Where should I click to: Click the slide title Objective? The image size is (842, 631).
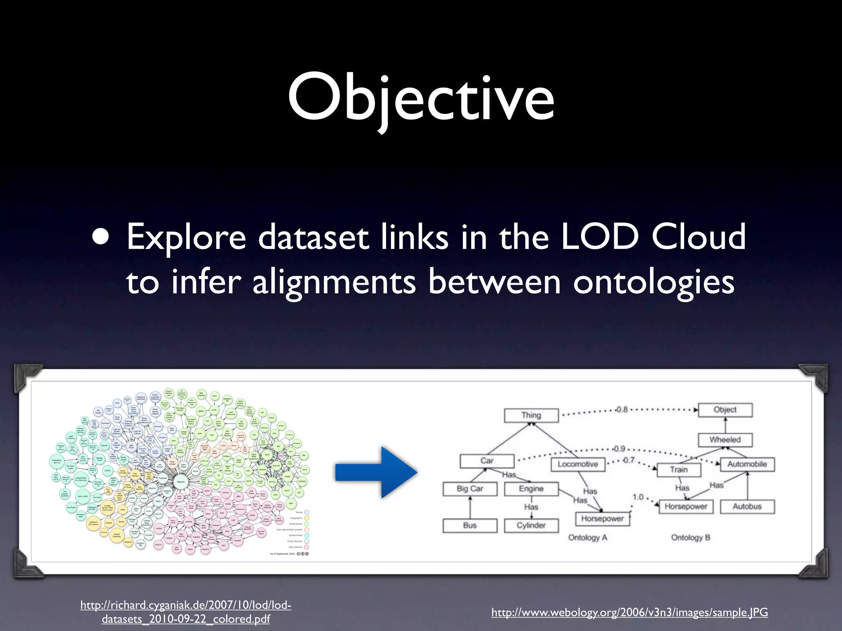click(x=421, y=99)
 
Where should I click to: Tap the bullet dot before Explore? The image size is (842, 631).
click(x=101, y=237)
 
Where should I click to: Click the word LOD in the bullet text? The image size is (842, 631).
click(x=601, y=237)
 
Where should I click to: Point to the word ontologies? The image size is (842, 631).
click(x=654, y=283)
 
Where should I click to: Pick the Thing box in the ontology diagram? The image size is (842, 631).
click(x=531, y=415)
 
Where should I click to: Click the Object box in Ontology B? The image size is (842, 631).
click(x=725, y=410)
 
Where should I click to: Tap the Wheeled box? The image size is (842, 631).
click(x=725, y=440)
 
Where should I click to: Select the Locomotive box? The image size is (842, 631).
click(x=578, y=464)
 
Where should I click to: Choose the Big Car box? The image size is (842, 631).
click(x=470, y=489)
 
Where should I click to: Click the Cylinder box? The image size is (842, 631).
click(x=531, y=525)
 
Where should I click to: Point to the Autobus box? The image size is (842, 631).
click(x=747, y=507)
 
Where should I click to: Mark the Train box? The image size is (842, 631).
click(x=679, y=470)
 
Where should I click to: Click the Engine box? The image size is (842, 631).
click(x=531, y=489)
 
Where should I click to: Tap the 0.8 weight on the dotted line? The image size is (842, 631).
click(x=622, y=410)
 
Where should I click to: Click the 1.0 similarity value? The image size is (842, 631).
click(x=638, y=497)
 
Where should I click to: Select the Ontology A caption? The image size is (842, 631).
click(x=588, y=538)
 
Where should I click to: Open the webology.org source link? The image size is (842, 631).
click(x=629, y=613)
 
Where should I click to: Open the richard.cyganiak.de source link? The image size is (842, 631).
click(x=186, y=612)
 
